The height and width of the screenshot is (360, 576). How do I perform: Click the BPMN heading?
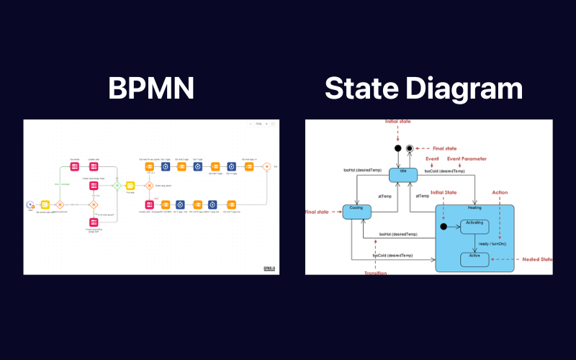click(151, 88)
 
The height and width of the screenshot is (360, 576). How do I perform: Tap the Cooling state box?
click(356, 211)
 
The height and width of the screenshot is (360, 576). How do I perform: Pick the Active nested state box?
click(474, 258)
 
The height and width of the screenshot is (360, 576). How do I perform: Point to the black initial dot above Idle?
click(397, 149)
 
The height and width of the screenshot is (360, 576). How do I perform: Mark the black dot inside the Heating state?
click(444, 227)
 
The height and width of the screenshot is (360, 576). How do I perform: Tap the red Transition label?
click(376, 271)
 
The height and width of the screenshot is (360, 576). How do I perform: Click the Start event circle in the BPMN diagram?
click(30, 204)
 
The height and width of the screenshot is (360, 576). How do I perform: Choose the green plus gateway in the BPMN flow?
click(117, 186)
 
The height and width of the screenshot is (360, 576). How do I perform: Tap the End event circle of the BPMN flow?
click(266, 167)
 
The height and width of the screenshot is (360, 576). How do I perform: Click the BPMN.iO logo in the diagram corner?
click(270, 268)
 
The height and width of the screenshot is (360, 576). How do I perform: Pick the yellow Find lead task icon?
click(44, 204)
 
